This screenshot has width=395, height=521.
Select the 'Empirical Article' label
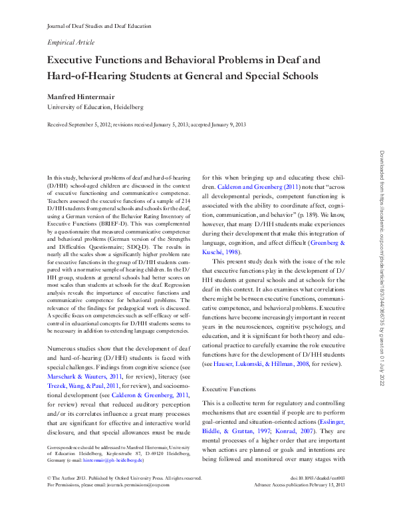(71, 41)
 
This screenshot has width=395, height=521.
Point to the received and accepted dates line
(146, 124)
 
